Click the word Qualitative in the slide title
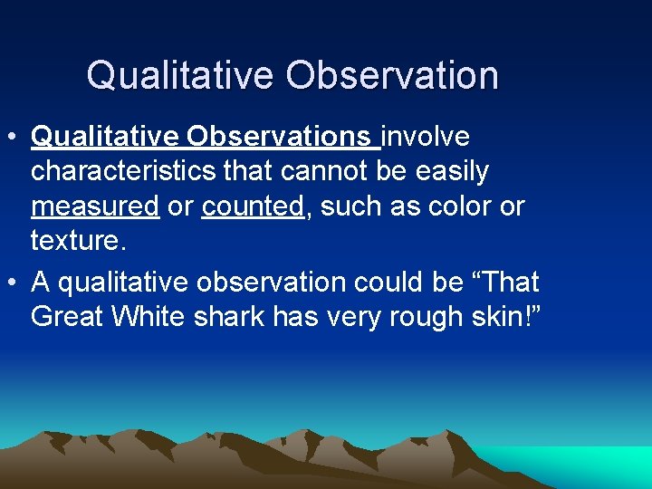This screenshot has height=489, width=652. [181, 75]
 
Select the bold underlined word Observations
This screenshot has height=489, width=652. [280, 137]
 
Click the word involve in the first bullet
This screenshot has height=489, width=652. [427, 137]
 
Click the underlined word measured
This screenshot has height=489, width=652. [95, 206]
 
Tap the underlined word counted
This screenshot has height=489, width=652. [252, 206]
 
